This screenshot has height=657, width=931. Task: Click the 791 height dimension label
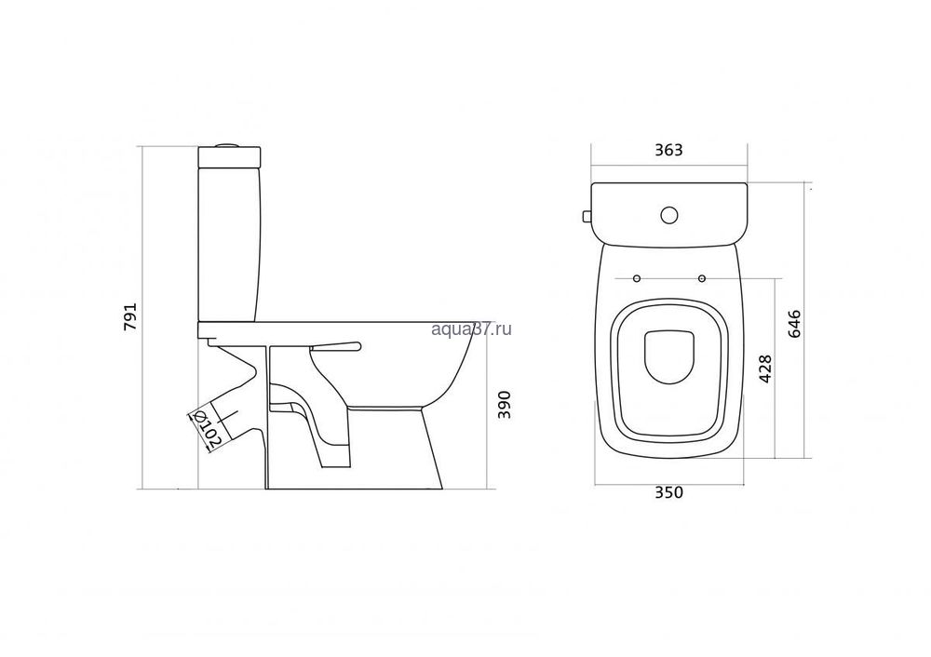coord(130,317)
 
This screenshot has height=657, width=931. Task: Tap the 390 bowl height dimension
coord(504,404)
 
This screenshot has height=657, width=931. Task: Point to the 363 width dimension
coord(668,150)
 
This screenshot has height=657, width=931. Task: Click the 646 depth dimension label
coord(795,324)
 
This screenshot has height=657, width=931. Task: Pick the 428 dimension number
coord(766,369)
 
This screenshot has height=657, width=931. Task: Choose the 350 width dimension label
coord(668,492)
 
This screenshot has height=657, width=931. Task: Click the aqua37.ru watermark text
coord(471,328)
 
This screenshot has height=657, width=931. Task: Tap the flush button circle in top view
coord(669,215)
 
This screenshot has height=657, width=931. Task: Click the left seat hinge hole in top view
coord(637,278)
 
